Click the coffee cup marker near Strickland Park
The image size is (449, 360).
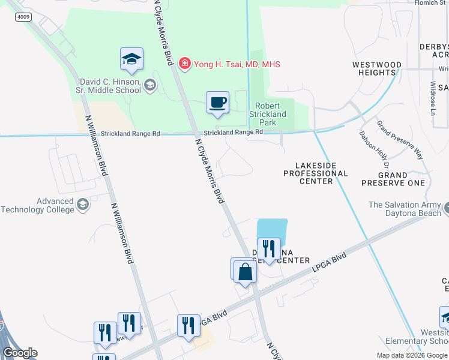point(217,102)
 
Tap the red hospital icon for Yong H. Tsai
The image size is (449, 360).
point(185,64)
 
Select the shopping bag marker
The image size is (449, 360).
point(245,272)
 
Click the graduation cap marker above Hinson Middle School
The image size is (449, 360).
point(131,58)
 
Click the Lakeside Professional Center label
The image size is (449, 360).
point(315,173)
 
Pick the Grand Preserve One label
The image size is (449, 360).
point(393,179)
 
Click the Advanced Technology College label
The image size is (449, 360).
point(37,205)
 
